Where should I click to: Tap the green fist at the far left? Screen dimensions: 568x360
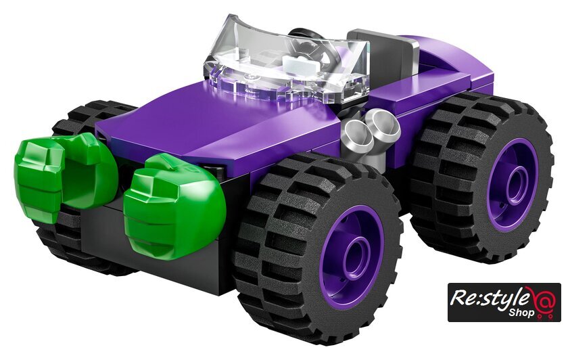[64, 174]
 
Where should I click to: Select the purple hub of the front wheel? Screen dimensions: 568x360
[352, 256]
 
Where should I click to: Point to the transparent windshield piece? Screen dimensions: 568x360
[286, 62]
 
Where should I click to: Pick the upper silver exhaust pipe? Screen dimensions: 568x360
[385, 125]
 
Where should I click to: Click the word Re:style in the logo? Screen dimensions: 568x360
[489, 298]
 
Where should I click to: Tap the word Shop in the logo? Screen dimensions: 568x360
[521, 313]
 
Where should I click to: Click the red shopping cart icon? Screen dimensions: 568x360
[544, 302]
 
